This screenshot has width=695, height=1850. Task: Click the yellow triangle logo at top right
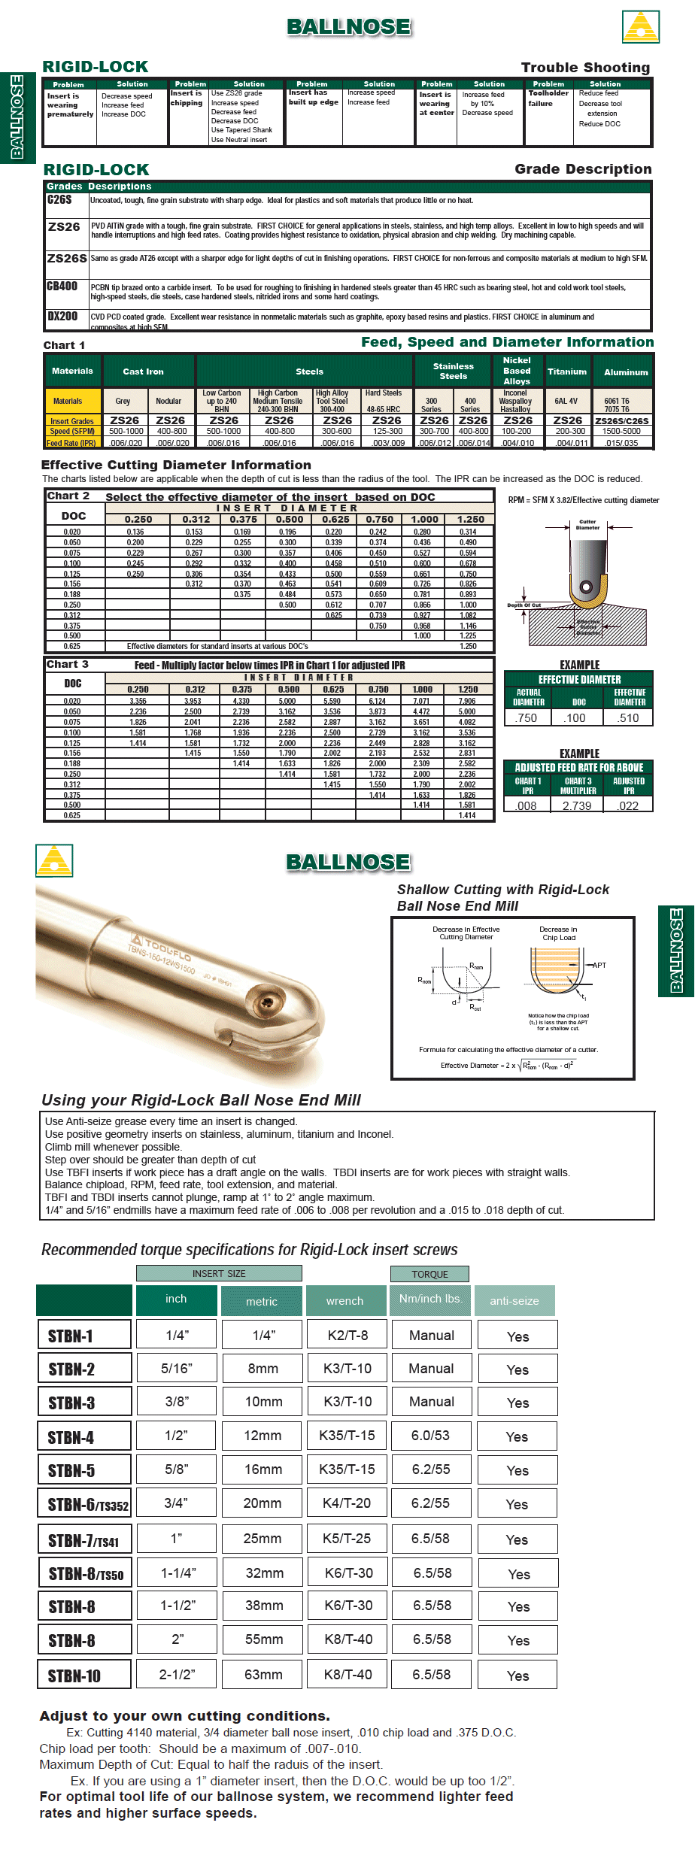(x=641, y=27)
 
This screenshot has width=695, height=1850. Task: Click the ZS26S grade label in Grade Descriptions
(x=67, y=258)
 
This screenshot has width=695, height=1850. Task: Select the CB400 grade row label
(x=62, y=287)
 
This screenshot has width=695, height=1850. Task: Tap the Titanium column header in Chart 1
(x=566, y=372)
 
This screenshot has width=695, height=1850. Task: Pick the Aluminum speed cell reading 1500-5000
(x=621, y=431)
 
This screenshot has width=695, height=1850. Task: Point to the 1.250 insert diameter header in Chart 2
(x=470, y=520)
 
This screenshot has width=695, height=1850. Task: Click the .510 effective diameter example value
(x=629, y=718)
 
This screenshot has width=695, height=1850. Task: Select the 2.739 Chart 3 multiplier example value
(x=577, y=805)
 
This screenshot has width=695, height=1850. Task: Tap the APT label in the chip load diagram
(x=599, y=965)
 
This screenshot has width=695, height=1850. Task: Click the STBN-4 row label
(x=71, y=1438)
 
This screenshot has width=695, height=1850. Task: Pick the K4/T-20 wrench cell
(x=347, y=1503)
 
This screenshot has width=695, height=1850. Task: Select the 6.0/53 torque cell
(x=430, y=1435)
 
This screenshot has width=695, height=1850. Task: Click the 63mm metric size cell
(x=263, y=1674)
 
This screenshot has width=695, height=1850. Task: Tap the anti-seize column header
(x=514, y=1300)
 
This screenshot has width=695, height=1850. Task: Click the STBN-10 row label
(x=74, y=1676)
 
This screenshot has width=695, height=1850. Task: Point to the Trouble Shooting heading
(x=585, y=68)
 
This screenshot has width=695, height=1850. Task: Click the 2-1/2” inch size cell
(x=177, y=1674)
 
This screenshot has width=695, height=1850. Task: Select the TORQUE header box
(x=429, y=1274)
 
